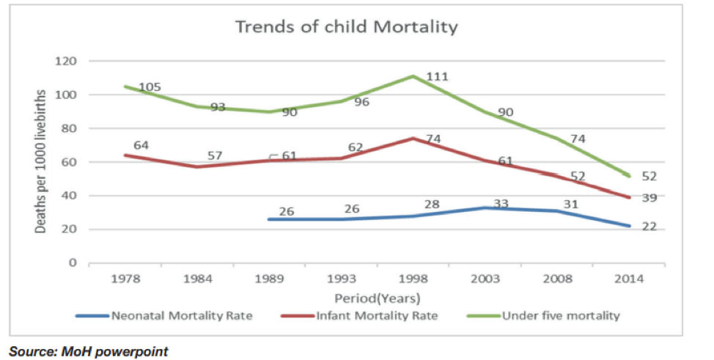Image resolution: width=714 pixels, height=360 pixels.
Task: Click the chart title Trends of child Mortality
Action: click(x=346, y=28)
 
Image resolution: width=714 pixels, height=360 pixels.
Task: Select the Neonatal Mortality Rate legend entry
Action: click(x=182, y=316)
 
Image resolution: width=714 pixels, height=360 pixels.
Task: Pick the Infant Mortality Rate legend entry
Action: click(x=377, y=316)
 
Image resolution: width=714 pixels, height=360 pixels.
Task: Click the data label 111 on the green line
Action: click(x=438, y=76)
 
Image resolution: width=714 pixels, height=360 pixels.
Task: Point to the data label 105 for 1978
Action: click(x=150, y=87)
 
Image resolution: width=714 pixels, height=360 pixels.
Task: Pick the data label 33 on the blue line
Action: click(x=501, y=203)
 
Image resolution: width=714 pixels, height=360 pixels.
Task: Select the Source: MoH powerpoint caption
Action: click(x=89, y=351)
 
